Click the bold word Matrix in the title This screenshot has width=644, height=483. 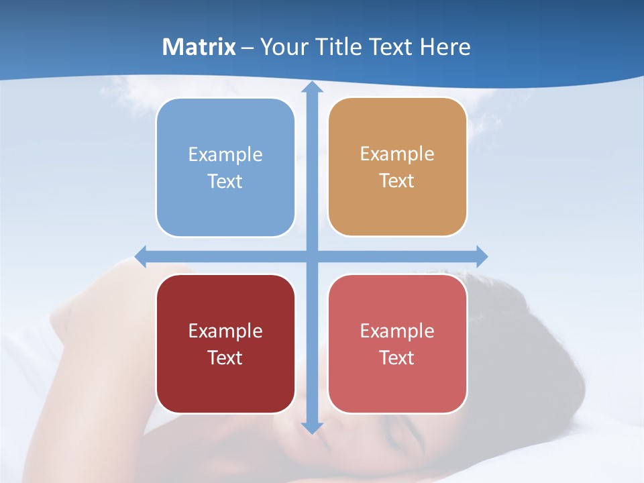(199, 47)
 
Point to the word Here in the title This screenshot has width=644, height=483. (445, 47)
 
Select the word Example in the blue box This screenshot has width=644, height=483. (225, 154)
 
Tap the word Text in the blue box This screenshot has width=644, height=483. (225, 181)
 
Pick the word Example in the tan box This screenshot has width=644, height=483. (396, 154)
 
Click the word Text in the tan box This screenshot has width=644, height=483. (396, 180)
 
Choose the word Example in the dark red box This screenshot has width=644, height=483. (225, 331)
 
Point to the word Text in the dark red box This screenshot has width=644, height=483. (225, 358)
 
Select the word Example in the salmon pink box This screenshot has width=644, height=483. (396, 331)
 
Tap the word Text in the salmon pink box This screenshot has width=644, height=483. (396, 358)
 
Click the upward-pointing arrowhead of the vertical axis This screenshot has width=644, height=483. (312, 88)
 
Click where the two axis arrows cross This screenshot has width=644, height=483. (312, 256)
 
